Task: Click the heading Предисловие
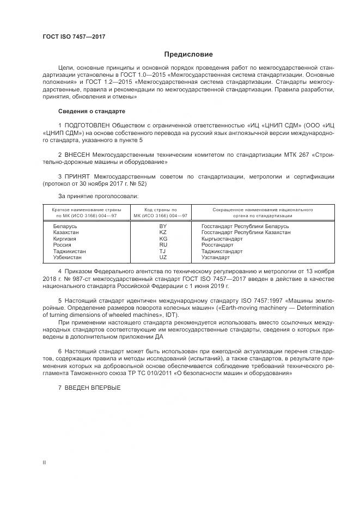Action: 189,54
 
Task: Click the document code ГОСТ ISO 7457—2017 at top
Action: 74,37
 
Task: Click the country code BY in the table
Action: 162,226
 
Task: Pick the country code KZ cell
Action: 162,232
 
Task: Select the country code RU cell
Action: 162,245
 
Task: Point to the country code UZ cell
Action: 162,257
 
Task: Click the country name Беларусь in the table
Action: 65,226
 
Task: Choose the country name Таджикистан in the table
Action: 69,252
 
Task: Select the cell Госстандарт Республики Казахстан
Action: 246,232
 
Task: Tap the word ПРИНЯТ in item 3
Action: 78,177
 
